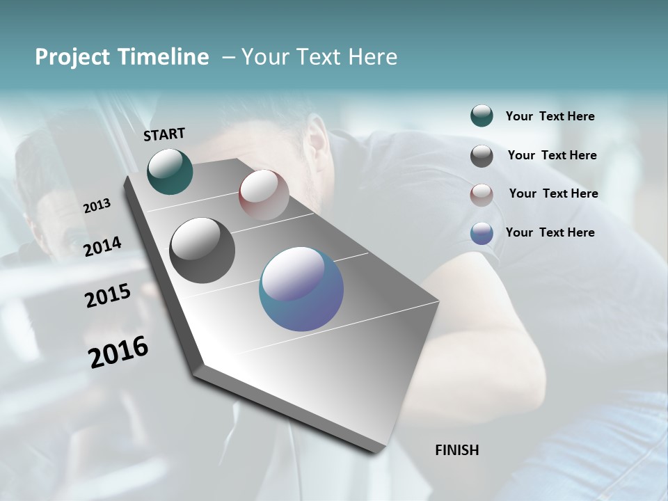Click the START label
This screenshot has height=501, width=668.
click(164, 134)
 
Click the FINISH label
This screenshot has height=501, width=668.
click(456, 450)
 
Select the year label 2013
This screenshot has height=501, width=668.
click(97, 206)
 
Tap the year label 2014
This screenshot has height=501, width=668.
click(102, 246)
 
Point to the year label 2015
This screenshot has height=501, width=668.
click(108, 296)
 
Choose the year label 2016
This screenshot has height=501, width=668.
click(118, 352)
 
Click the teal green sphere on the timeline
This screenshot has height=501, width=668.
click(170, 171)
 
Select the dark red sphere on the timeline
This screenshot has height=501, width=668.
click(264, 195)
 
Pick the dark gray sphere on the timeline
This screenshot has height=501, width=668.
click(202, 250)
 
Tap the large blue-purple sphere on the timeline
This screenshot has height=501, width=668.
click(301, 289)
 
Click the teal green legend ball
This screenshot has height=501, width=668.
click(482, 116)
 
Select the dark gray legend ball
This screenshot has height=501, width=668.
click(482, 156)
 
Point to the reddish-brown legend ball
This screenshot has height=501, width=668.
click(482, 195)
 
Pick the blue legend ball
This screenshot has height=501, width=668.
click(482, 233)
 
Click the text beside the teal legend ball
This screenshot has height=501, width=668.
click(550, 117)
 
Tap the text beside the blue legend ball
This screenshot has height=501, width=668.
click(550, 232)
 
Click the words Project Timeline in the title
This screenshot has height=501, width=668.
click(122, 57)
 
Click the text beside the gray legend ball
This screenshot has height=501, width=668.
click(552, 155)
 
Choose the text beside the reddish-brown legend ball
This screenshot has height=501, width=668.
click(553, 193)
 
